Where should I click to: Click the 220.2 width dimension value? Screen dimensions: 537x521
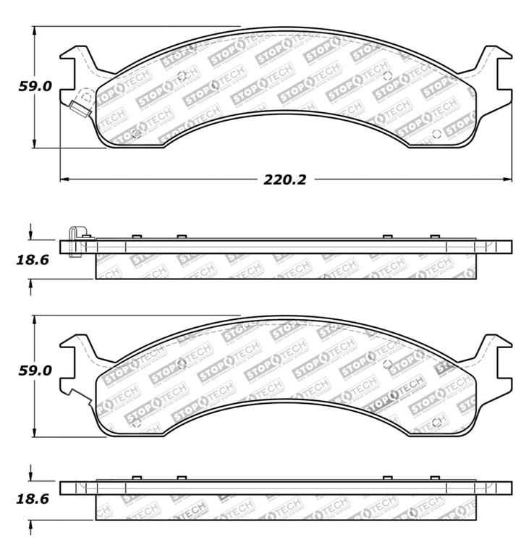pos(284,179)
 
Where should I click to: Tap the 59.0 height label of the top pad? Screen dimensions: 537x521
pos(35,86)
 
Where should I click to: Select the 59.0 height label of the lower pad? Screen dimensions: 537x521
pos(35,371)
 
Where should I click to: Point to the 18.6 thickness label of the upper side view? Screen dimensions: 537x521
pos(33,259)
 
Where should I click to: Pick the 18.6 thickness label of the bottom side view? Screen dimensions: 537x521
pos(33,499)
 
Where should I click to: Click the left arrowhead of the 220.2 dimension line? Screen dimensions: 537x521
pos(63,178)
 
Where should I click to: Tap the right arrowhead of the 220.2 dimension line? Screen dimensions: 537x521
pos(508,178)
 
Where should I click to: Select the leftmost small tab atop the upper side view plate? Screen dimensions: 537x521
pos(135,237)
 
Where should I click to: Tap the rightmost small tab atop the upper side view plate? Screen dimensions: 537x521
pos(434,237)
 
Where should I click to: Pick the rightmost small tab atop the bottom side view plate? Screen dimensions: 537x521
pos(434,478)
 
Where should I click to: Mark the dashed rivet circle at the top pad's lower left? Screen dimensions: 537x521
pos(137,133)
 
